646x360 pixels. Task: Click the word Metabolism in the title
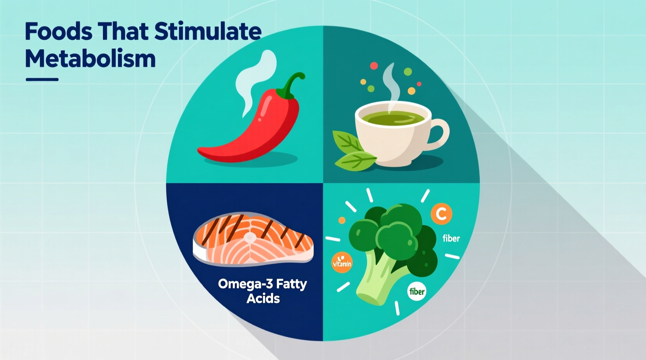pos(90,59)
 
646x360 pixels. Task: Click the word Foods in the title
pos(58,32)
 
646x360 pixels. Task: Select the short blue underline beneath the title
pos(42,80)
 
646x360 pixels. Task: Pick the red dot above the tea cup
pos(374,66)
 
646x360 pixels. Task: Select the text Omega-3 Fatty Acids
pos(263,291)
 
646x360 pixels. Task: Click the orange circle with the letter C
pos(441,214)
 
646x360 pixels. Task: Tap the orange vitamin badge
pos(342,263)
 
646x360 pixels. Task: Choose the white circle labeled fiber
pos(417,291)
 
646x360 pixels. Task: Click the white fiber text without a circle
pos(451,238)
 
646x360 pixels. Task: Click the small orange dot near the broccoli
pos(342,220)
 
